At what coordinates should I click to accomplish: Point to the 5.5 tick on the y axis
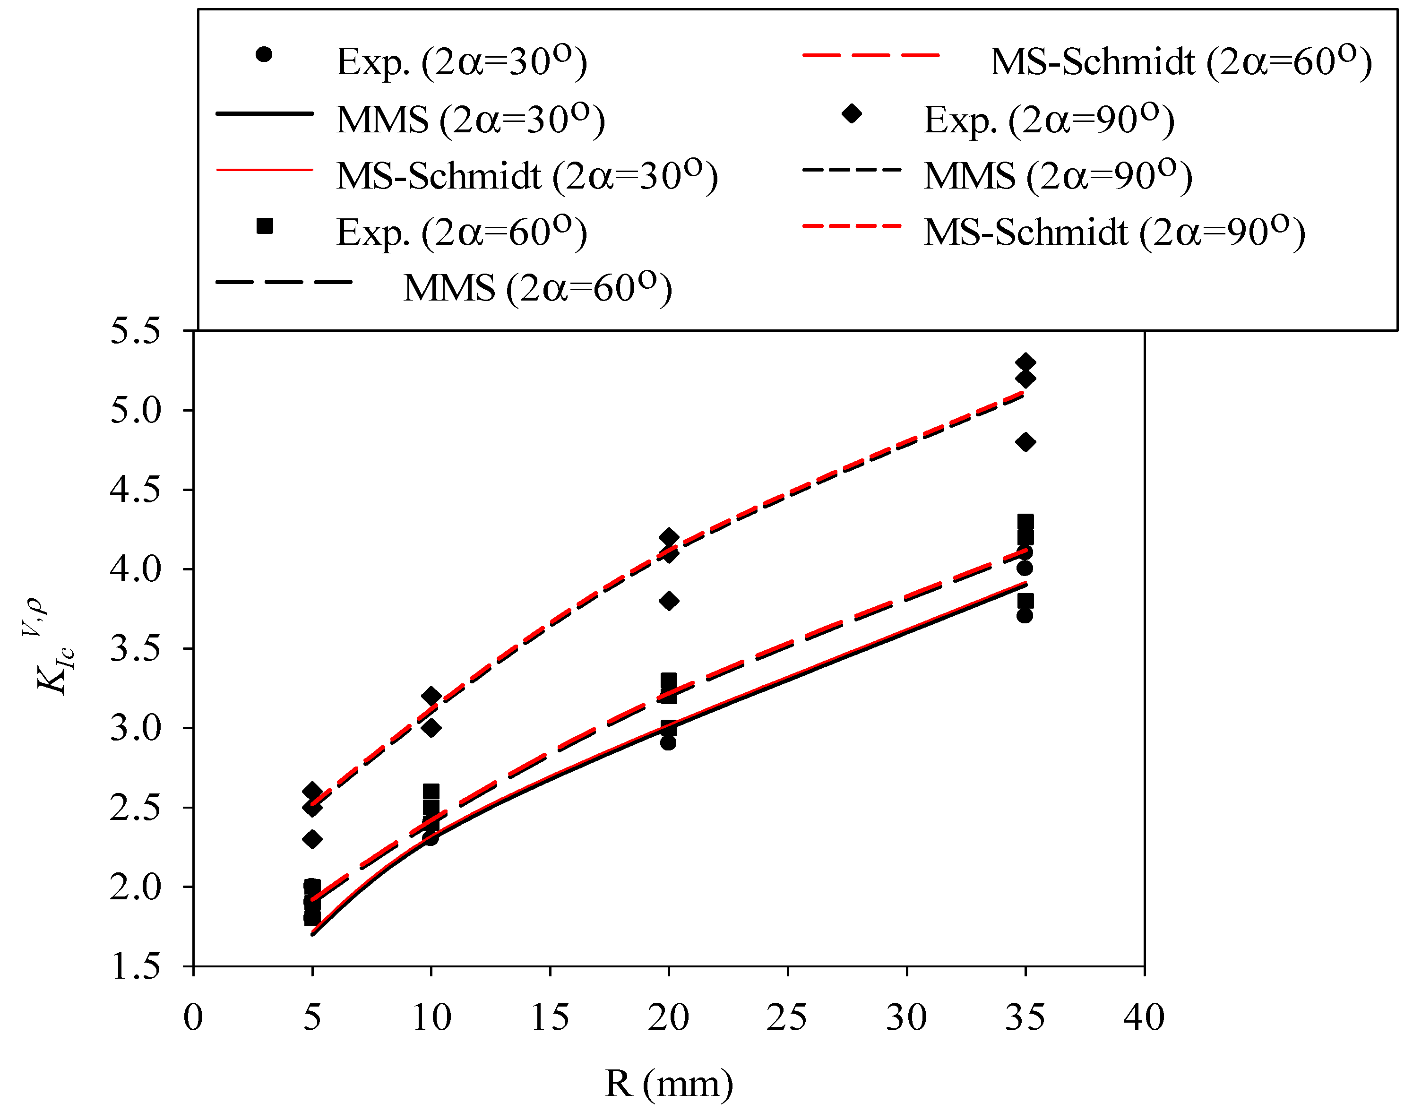(x=134, y=331)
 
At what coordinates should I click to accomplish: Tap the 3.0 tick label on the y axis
(x=134, y=728)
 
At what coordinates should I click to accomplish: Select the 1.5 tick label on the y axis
(x=134, y=966)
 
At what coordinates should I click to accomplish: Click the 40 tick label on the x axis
(x=1144, y=1017)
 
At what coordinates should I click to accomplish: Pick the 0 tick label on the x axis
(x=193, y=1017)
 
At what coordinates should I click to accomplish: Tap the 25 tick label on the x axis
(x=787, y=1017)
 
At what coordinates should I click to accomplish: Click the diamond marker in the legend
(x=851, y=114)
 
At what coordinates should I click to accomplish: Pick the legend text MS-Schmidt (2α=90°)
(x=1114, y=232)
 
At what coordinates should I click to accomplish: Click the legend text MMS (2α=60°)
(x=537, y=288)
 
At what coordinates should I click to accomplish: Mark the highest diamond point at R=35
(x=1025, y=362)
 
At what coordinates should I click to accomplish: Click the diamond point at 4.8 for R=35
(x=1025, y=442)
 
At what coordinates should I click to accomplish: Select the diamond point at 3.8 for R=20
(x=669, y=601)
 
